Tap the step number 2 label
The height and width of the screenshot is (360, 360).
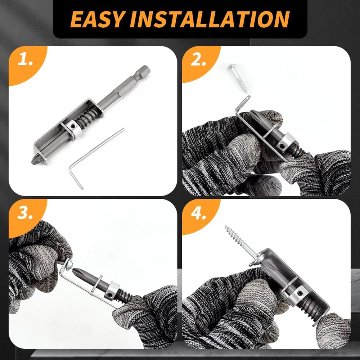[x=198, y=60]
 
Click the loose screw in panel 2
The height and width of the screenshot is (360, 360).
[x=238, y=77]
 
